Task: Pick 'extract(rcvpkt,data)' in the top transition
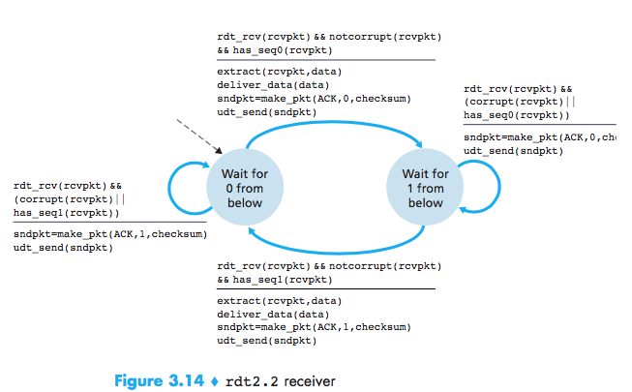(x=279, y=72)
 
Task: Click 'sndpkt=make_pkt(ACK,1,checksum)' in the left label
(x=109, y=234)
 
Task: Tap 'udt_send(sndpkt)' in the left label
(x=62, y=248)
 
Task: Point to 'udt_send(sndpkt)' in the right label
(x=513, y=151)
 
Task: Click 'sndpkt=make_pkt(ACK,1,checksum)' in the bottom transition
(x=315, y=327)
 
